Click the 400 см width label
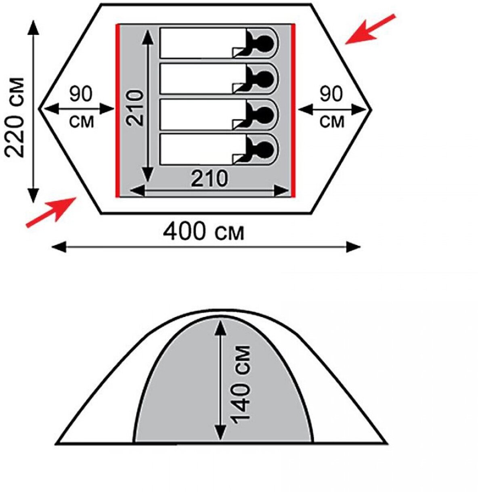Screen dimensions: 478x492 pyautogui.click(x=204, y=232)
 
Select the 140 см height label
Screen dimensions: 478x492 pyautogui.click(x=241, y=384)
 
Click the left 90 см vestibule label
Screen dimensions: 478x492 pyautogui.click(x=81, y=107)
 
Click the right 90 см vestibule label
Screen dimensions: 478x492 pyautogui.click(x=332, y=107)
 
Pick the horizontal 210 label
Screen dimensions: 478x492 pyautogui.click(x=209, y=178)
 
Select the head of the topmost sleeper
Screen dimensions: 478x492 pyautogui.click(x=265, y=42)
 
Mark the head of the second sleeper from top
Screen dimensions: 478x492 pyautogui.click(x=265, y=78)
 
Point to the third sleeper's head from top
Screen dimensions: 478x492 pyautogui.click(x=265, y=114)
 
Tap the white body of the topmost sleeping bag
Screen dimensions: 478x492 pyautogui.click(x=198, y=43)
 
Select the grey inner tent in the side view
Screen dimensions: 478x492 pyautogui.click(x=182, y=396)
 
